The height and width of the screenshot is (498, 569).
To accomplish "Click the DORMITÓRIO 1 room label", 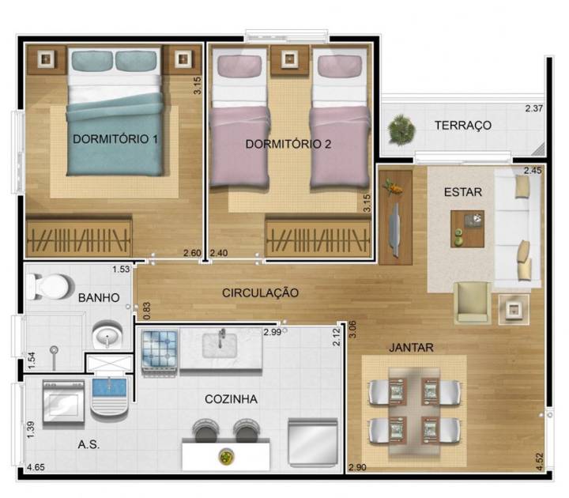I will (116, 139).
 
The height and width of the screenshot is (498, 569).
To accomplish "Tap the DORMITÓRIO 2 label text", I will (288, 144).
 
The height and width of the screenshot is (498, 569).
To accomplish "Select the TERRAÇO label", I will (463, 125).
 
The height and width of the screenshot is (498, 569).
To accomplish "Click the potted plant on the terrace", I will (401, 129).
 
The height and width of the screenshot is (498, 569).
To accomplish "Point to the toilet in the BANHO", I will (47, 286).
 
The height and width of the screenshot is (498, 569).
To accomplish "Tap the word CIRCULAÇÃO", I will (260, 292).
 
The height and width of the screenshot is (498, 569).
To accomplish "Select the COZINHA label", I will (230, 399).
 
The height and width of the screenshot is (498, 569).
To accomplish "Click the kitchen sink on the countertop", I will (222, 345).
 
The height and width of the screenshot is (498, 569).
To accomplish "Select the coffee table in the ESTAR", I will (467, 228).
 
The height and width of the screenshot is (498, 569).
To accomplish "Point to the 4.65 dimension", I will (35, 469).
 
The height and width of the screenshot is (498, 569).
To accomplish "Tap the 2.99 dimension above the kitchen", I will (273, 331).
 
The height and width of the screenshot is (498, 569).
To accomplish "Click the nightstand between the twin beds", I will (289, 58).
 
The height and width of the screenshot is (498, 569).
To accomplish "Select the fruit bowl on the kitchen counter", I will (225, 456).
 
